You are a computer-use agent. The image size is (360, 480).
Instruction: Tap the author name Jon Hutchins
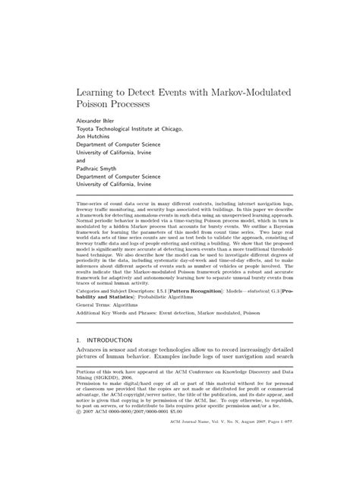point(98,138)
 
